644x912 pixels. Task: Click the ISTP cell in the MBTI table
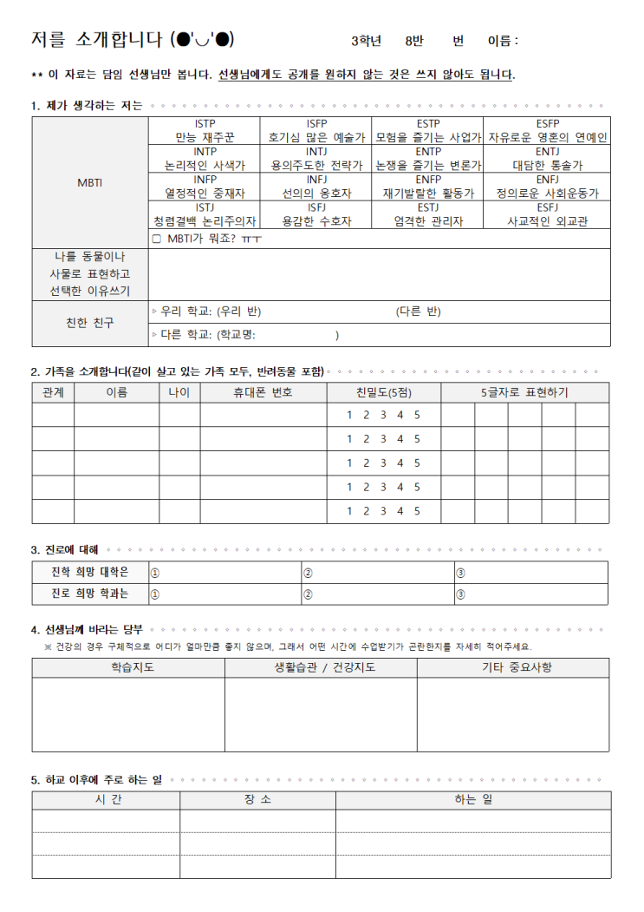[205, 130]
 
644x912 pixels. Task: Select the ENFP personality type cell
[428, 186]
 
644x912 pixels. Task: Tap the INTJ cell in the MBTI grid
[316, 158]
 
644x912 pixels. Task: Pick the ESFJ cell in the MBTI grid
[547, 213]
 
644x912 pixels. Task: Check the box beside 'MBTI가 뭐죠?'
[157, 239]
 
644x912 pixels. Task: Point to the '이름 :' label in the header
[503, 41]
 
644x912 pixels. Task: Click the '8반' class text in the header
[414, 41]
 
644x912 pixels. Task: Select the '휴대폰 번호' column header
[263, 392]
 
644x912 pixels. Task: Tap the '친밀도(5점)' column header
[383, 392]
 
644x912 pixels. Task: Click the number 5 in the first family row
[417, 415]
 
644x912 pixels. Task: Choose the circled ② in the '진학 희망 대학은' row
[307, 573]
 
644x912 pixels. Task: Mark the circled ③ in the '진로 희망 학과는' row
[460, 594]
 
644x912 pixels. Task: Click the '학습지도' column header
[128, 667]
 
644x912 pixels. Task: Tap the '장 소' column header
[257, 799]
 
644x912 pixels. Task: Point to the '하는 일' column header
[472, 799]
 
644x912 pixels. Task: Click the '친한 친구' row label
[90, 323]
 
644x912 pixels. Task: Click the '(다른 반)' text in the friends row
[418, 312]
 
